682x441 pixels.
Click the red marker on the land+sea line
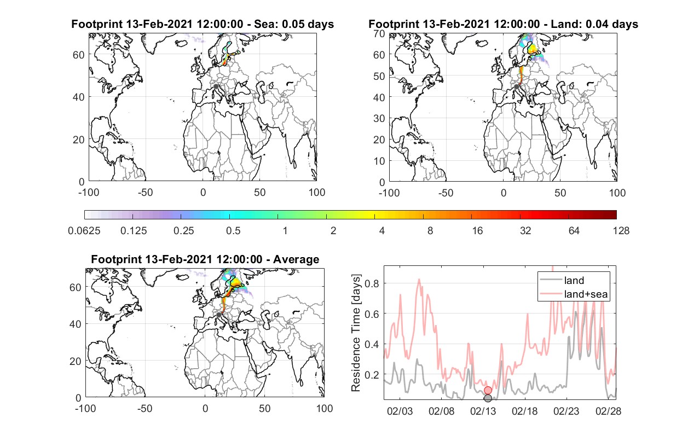pyautogui.click(x=488, y=390)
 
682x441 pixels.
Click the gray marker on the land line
pyautogui.click(x=488, y=398)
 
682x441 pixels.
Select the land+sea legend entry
pyautogui.click(x=574, y=294)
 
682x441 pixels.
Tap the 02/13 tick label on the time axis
pyautogui.click(x=483, y=411)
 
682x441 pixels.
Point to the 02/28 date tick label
pyautogui.click(x=608, y=411)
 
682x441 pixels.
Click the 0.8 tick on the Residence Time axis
pyautogui.click(x=372, y=283)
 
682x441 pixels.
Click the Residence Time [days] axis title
pyautogui.click(x=356, y=333)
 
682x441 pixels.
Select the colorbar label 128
pyautogui.click(x=621, y=231)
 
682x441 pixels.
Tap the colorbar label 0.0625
pyautogui.click(x=84, y=231)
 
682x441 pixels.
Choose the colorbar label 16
pyautogui.click(x=477, y=231)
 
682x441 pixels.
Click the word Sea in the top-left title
pyautogui.click(x=264, y=24)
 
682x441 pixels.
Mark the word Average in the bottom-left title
pyautogui.click(x=296, y=259)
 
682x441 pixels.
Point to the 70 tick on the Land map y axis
pyautogui.click(x=379, y=33)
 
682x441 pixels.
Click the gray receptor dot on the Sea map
pyautogui.click(x=216, y=86)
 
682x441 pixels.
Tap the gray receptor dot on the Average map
pyautogui.click(x=218, y=315)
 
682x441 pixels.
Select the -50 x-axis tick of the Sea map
pyautogui.click(x=146, y=193)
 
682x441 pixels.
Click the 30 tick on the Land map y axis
pyautogui.click(x=379, y=118)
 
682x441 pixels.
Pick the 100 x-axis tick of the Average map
pyautogui.click(x=325, y=408)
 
